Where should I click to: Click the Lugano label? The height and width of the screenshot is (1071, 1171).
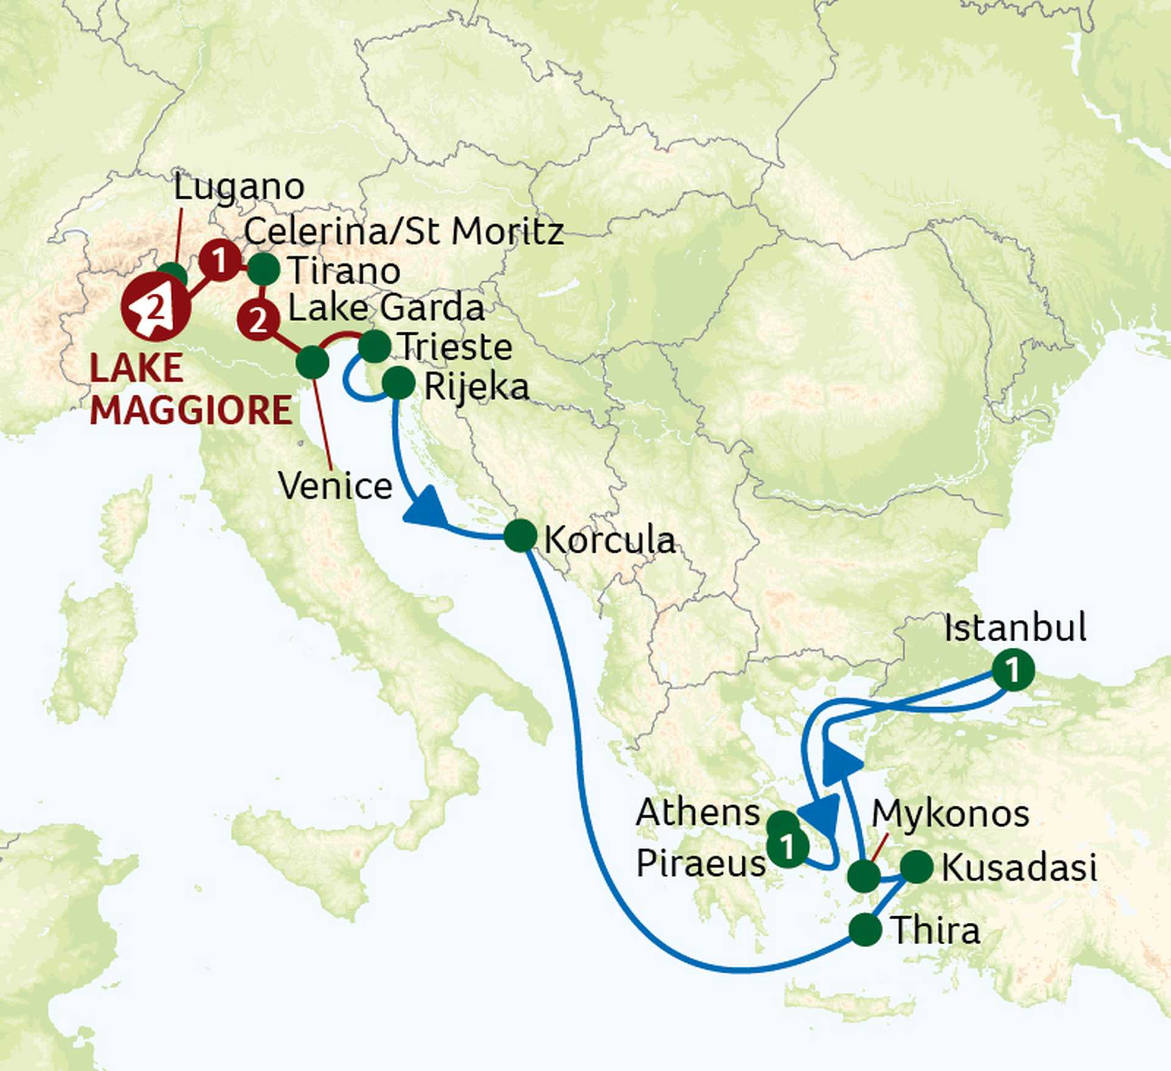238,187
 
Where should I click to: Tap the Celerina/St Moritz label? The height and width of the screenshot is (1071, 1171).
403,232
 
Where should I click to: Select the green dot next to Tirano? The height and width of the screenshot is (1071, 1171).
263,269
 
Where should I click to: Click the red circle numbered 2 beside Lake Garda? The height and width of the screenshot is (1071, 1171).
259,319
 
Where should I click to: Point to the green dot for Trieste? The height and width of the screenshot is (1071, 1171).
374,346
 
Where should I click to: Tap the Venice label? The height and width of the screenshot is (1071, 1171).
335,486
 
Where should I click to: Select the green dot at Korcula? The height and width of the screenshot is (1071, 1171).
520,536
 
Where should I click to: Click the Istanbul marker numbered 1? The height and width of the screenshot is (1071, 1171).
1013,671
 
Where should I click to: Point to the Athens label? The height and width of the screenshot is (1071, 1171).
698,812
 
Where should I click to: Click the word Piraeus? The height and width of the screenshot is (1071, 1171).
700,863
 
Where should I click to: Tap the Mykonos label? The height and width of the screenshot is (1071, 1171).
950,814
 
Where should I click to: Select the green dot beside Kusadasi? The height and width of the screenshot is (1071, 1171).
916,866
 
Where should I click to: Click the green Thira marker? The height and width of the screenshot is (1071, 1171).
865,930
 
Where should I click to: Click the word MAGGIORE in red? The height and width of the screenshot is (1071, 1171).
191,410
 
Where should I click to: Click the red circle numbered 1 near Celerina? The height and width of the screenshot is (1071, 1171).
220,261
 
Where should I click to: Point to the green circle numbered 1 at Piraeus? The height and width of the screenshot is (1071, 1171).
787,846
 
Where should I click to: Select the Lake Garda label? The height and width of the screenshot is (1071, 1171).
386,308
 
